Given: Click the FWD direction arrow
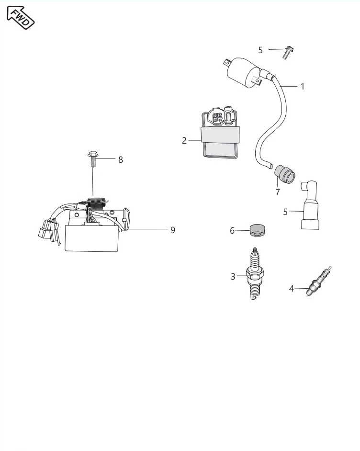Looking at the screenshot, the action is [x=21, y=17].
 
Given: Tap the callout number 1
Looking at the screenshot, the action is [x=303, y=86].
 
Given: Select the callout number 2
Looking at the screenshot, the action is [x=184, y=141].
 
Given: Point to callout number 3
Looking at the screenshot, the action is [x=233, y=276].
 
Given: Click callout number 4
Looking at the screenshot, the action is [x=291, y=289].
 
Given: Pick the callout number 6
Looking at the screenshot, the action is [x=232, y=231].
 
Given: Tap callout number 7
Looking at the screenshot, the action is [x=278, y=192].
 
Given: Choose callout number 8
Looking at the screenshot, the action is [x=121, y=159].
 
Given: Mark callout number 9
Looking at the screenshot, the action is [x=172, y=230].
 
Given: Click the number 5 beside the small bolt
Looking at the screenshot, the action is [x=260, y=50].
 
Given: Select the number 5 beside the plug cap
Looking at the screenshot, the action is [x=285, y=212].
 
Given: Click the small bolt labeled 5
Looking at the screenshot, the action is [x=288, y=52].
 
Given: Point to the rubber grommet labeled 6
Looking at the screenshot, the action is [x=258, y=230].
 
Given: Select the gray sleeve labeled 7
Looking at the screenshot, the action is [x=284, y=174].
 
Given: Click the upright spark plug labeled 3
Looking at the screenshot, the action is [x=255, y=273].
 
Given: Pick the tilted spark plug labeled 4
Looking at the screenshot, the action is [x=319, y=282].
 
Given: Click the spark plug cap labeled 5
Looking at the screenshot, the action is [x=309, y=205].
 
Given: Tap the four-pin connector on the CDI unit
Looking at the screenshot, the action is [x=217, y=117].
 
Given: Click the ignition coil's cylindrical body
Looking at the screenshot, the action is [x=244, y=72].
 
